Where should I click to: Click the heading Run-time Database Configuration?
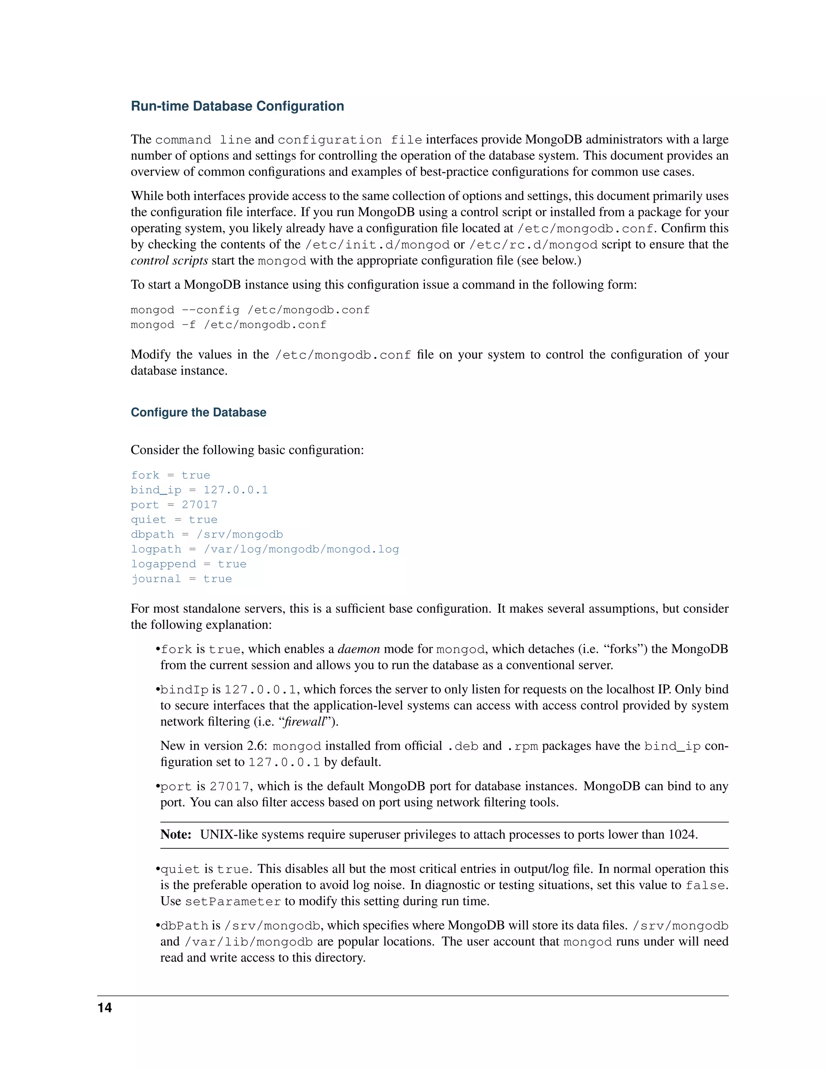click(237, 106)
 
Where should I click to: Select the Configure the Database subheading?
click(198, 412)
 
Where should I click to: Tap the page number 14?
click(105, 1007)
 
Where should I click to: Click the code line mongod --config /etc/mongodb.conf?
click(250, 310)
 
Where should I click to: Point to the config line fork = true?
click(170, 475)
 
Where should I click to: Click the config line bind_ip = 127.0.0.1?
click(199, 490)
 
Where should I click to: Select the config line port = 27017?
click(174, 505)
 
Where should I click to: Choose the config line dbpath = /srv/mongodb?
click(206, 534)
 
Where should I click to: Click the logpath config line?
click(265, 549)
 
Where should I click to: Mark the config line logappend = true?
click(188, 564)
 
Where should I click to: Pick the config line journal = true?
click(181, 578)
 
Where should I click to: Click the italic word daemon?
click(359, 649)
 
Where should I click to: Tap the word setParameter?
click(233, 902)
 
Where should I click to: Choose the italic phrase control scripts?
click(169, 261)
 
